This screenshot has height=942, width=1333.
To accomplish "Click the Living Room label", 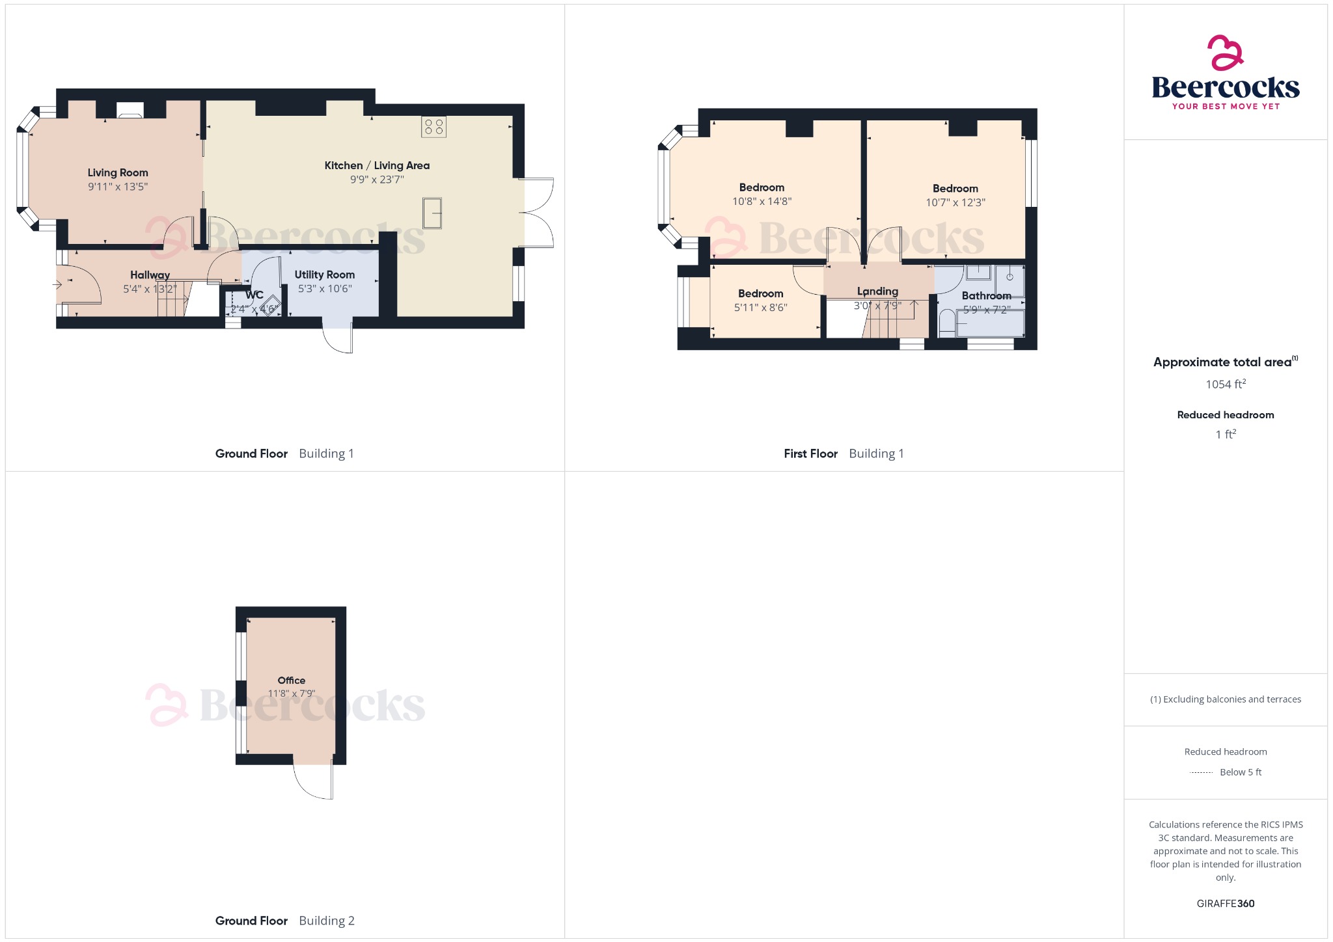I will point(118,172).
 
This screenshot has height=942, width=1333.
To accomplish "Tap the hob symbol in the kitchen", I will point(433,127).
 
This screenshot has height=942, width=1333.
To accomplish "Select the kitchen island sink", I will point(432,213).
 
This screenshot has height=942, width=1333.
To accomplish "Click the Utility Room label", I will point(324,275).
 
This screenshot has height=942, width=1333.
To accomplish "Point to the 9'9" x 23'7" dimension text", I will point(377,180).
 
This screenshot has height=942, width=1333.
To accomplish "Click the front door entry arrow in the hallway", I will point(57,284).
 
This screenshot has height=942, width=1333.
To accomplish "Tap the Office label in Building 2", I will point(291,680).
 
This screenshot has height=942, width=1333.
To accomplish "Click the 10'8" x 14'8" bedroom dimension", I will point(762,202).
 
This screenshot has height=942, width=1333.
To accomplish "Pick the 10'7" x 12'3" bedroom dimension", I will point(955,202).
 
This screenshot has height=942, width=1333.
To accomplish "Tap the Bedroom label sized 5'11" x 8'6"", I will point(760,293).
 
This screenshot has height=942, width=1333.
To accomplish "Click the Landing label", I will point(877,291).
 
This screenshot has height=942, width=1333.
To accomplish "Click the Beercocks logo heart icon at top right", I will point(1225,53).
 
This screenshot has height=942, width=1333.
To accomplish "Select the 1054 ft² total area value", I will point(1225,384).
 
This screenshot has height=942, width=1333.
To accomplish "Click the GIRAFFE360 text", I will point(1225,904).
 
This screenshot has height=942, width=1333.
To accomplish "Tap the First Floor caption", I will point(810,454).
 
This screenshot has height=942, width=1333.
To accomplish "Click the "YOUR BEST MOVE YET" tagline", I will point(1226,107).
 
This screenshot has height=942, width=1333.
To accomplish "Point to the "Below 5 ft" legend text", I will point(1240,772).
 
